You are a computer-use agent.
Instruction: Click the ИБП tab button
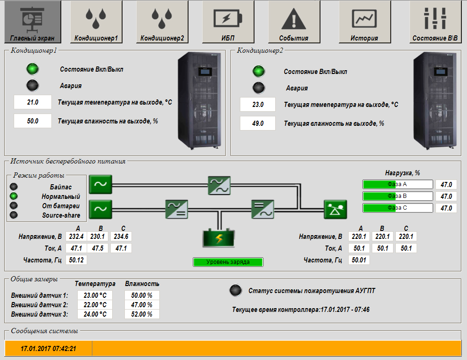[228, 22]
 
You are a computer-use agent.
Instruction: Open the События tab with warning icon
[294, 22]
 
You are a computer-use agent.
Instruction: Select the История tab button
[365, 22]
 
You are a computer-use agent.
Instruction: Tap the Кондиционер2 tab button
[162, 22]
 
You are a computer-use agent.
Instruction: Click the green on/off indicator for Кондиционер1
[33, 69]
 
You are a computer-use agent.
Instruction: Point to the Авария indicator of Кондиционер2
[259, 88]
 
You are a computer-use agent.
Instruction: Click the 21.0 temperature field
[33, 102]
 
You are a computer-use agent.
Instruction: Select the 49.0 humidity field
[258, 123]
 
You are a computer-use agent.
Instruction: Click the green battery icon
[219, 238]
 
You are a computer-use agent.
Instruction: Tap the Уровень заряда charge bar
[228, 262]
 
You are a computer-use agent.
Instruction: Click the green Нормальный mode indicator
[14, 196]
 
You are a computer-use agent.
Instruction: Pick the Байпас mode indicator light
[14, 187]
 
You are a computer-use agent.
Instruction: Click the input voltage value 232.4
[76, 237]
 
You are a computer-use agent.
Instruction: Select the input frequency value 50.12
[76, 260]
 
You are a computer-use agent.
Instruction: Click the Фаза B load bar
[397, 196]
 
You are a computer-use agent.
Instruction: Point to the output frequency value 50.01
[359, 260]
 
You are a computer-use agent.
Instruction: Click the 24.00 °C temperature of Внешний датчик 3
[95, 314]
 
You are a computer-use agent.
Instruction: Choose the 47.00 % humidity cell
[142, 305]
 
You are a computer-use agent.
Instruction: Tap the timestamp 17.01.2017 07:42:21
[49, 349]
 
